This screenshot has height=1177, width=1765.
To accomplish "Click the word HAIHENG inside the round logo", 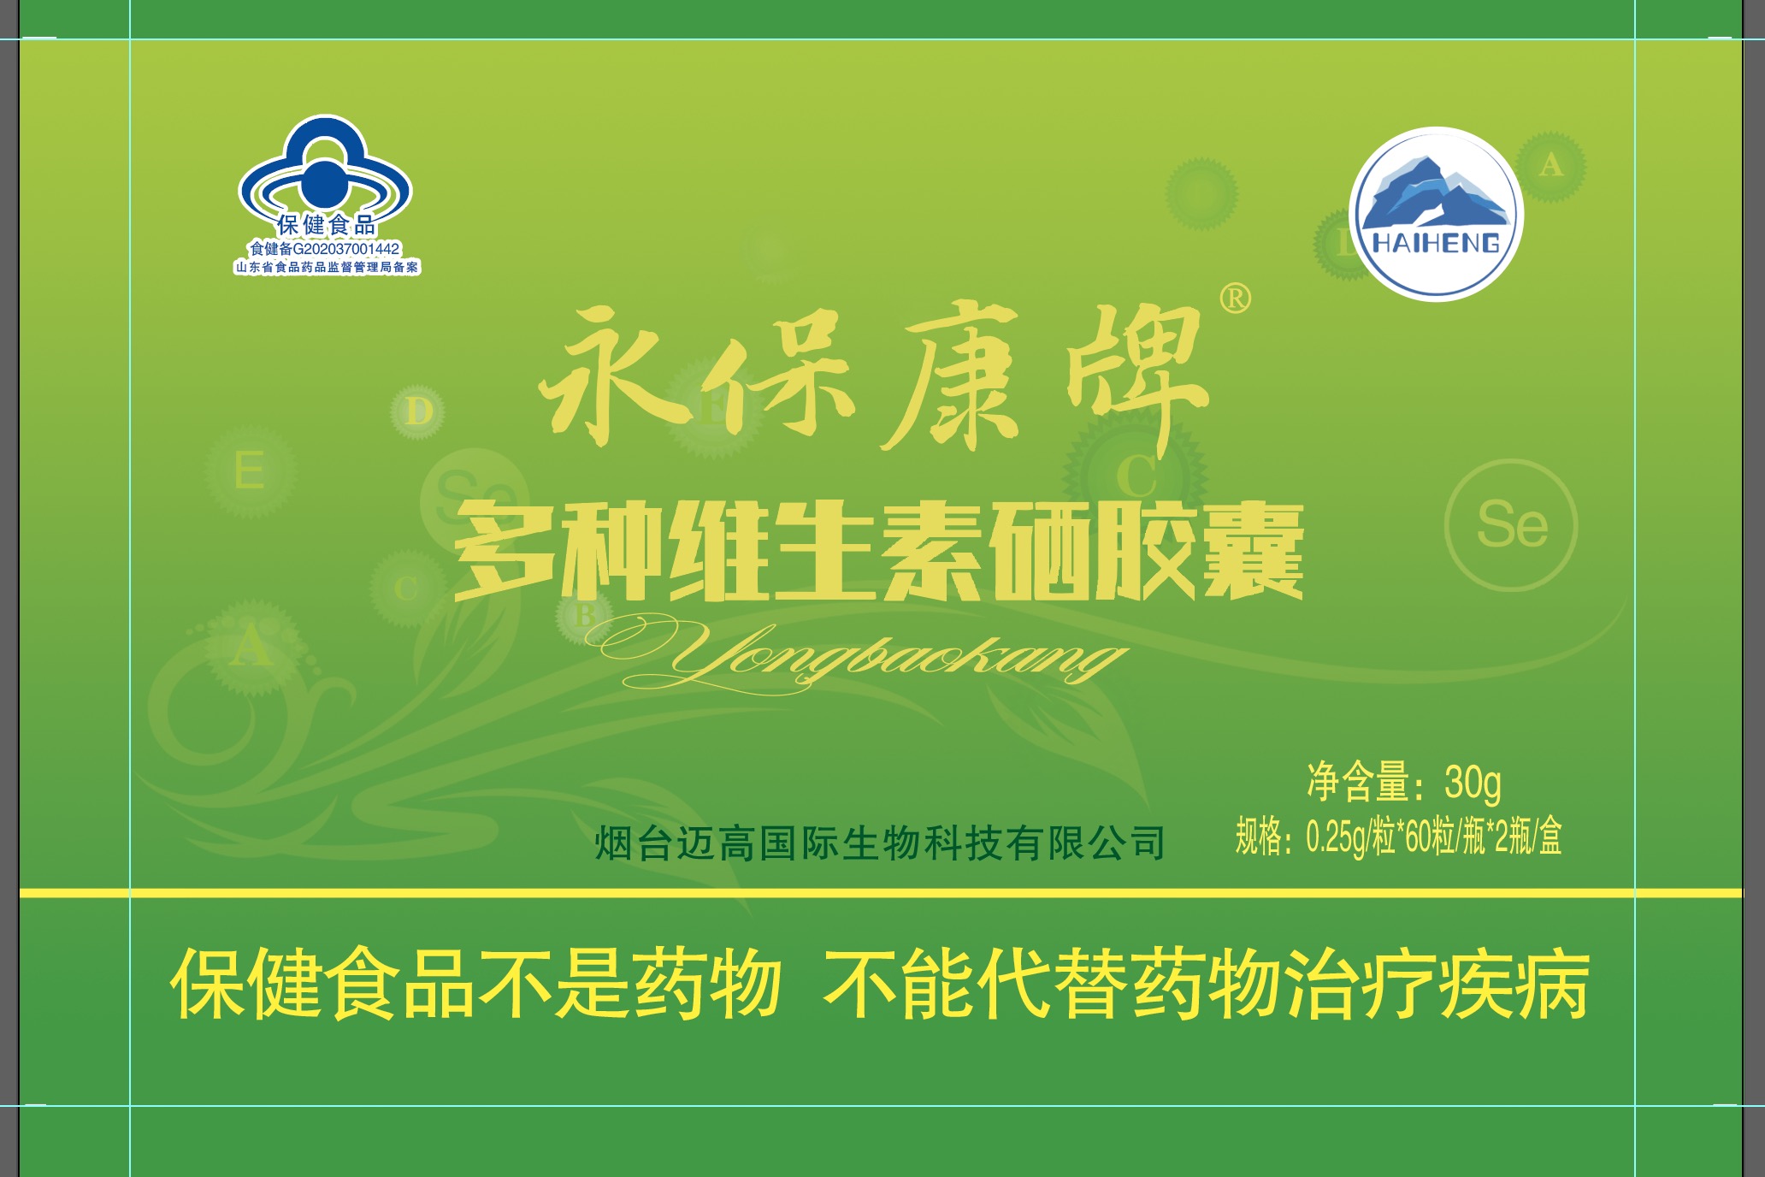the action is tap(1436, 243).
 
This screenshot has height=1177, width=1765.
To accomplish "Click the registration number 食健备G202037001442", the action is tap(325, 249).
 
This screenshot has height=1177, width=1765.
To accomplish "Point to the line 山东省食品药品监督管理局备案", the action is tap(328, 267).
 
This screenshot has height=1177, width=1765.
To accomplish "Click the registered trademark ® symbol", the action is tap(1235, 299).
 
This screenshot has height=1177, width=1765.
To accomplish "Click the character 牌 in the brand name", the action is tap(1137, 376).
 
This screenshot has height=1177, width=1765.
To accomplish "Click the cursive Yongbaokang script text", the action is tap(855, 654).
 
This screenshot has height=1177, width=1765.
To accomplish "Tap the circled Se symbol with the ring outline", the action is tap(1511, 525).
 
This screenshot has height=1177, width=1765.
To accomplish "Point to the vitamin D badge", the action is tap(417, 411).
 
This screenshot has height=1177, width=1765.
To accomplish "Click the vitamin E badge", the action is tap(251, 471).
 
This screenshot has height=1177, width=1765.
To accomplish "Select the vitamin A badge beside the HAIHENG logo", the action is tap(1550, 166).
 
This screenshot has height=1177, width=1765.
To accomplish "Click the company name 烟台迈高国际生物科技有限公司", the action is tap(880, 843).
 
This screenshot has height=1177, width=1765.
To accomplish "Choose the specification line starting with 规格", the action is tap(1399, 836).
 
